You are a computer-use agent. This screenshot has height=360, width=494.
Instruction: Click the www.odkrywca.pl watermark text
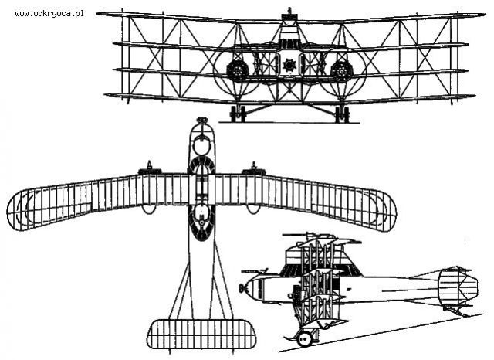[49, 14]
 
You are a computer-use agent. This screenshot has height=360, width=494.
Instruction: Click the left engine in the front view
[237, 70]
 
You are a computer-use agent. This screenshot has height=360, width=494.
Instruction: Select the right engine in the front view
[341, 70]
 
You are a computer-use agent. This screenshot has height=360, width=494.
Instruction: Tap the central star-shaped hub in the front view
[288, 65]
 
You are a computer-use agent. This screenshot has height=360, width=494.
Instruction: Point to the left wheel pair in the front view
[238, 114]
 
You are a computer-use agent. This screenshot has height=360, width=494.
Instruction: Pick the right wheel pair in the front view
[342, 114]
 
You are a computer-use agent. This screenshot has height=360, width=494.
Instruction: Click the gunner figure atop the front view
[289, 12]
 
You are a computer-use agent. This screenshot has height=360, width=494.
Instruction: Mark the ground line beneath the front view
[289, 123]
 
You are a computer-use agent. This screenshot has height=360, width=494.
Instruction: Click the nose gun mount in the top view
[202, 121]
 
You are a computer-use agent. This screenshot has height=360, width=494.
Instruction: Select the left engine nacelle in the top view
[150, 169]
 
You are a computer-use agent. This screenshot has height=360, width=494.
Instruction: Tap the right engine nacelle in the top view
[254, 169]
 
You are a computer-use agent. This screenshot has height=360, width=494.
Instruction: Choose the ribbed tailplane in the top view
[201, 335]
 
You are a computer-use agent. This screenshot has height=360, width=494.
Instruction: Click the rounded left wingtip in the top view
[19, 211]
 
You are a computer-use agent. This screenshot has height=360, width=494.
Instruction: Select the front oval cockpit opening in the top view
[202, 147]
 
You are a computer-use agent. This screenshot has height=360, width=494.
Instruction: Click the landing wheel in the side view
[304, 338]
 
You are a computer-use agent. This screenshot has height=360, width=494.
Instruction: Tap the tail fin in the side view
[458, 287]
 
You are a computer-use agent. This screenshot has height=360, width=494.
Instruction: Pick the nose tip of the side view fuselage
[242, 287]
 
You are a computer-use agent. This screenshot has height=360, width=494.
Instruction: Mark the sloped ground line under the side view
[381, 333]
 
